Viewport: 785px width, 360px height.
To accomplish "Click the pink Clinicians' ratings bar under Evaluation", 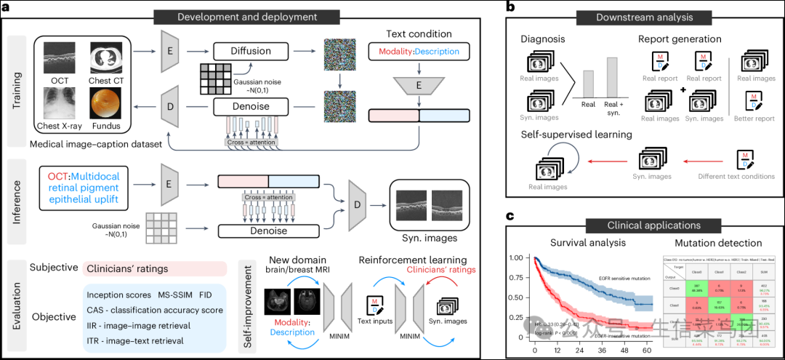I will [x=156, y=268].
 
